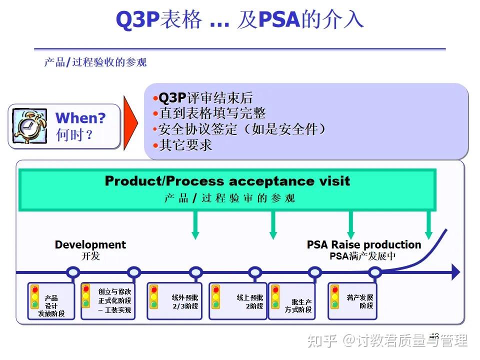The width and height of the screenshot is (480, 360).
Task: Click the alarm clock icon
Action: [29, 126]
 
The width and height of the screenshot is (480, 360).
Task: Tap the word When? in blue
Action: [80, 118]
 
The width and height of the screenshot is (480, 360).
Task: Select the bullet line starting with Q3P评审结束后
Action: [205, 98]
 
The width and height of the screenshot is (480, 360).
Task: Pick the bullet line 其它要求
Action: [185, 145]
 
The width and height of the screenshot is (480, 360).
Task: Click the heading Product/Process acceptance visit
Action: [227, 181]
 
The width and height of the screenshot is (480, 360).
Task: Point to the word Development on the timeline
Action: [90, 245]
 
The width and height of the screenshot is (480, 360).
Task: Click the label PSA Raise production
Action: [363, 245]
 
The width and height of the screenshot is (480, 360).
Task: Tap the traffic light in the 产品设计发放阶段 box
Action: [34, 297]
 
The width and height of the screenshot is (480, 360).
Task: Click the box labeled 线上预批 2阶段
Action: [238, 301]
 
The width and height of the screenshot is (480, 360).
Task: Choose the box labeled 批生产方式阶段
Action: [294, 301]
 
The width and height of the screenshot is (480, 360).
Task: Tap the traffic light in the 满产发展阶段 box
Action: [334, 297]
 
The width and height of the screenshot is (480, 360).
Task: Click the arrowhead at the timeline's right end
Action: [455, 272]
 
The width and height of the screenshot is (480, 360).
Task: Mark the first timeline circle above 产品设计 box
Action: [73, 272]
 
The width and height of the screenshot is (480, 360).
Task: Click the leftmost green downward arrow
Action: [195, 226]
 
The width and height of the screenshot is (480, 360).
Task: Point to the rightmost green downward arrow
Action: [428, 226]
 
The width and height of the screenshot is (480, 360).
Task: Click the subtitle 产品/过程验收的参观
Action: [95, 63]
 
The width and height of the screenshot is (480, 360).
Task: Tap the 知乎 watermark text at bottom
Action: [322, 341]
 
